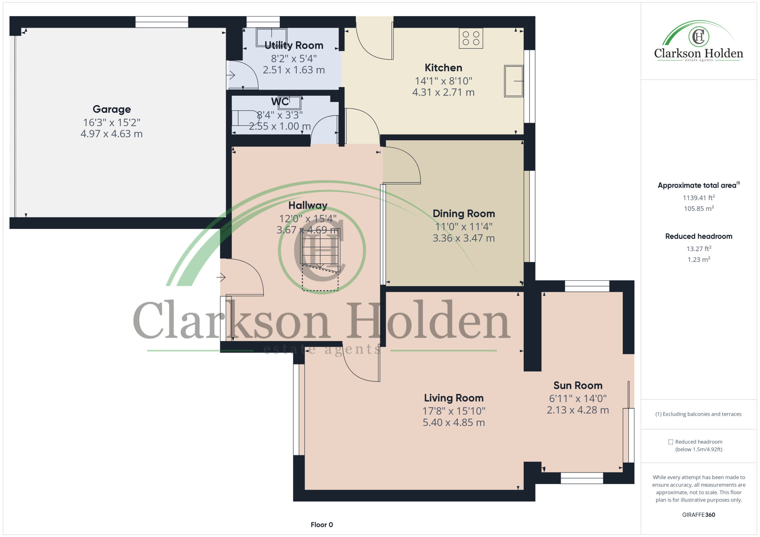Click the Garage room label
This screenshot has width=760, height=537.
[x=112, y=109]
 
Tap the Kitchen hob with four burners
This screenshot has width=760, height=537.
[x=471, y=38]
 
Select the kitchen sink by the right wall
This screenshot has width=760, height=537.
[x=514, y=81]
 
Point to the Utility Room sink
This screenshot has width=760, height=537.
[x=271, y=37]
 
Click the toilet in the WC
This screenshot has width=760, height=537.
[x=245, y=118]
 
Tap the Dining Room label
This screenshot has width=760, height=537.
[x=464, y=213]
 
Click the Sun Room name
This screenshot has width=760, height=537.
[x=578, y=385]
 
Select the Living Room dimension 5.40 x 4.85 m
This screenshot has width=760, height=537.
[x=454, y=423]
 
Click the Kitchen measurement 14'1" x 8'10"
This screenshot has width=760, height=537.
[x=444, y=81]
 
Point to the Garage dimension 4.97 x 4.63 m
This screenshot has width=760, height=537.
[x=112, y=134]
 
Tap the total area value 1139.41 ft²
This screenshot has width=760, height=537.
[x=699, y=198]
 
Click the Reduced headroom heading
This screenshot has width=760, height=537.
[x=699, y=236]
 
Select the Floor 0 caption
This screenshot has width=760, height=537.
[x=322, y=525]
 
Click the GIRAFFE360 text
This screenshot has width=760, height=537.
[x=699, y=515]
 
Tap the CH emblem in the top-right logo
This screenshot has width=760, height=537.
[x=699, y=36]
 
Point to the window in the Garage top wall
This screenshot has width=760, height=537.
[x=162, y=22]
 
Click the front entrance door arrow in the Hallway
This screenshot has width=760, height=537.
[x=221, y=277]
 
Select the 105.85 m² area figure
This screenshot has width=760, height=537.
[x=699, y=209]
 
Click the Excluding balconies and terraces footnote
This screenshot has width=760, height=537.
[x=699, y=414]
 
